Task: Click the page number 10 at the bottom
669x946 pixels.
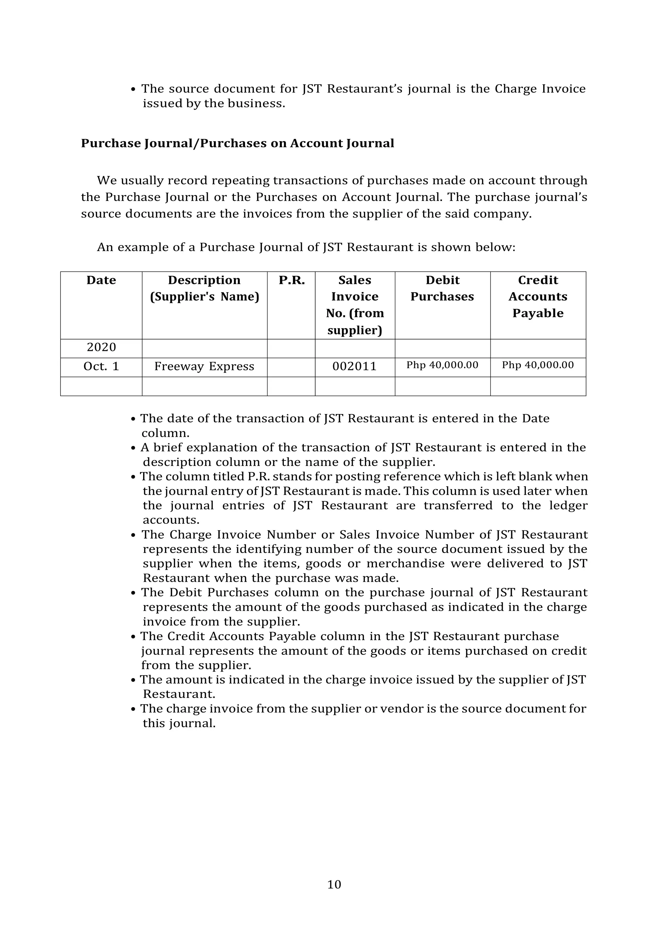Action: coord(334,885)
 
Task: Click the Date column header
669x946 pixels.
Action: coord(101,280)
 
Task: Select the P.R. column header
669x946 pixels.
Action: coord(291,280)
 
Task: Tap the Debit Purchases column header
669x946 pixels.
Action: coord(442,289)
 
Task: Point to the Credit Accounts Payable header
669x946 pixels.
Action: coord(538,297)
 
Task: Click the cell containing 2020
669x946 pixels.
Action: coord(101,347)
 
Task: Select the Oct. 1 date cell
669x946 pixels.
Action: coord(101,366)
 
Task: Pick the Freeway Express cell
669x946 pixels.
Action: coord(204,366)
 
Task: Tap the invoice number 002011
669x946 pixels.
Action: coord(354,366)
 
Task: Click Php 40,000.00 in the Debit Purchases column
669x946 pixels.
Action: coord(442,365)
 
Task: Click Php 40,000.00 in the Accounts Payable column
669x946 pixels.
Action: coord(538,365)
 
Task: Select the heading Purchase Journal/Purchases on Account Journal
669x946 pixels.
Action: coord(237,143)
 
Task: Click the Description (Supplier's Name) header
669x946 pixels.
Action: coord(204,289)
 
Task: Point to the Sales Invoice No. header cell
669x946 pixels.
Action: coord(355,305)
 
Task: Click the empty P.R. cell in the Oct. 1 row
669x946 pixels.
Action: coord(291,367)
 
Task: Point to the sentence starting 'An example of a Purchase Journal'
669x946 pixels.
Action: coord(306,247)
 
